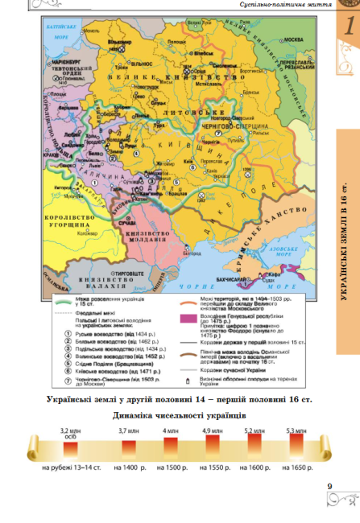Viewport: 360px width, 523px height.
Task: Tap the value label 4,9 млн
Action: tap(213, 431)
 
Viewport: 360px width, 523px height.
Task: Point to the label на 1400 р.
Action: tap(129, 467)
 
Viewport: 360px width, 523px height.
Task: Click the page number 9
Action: tap(329, 485)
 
